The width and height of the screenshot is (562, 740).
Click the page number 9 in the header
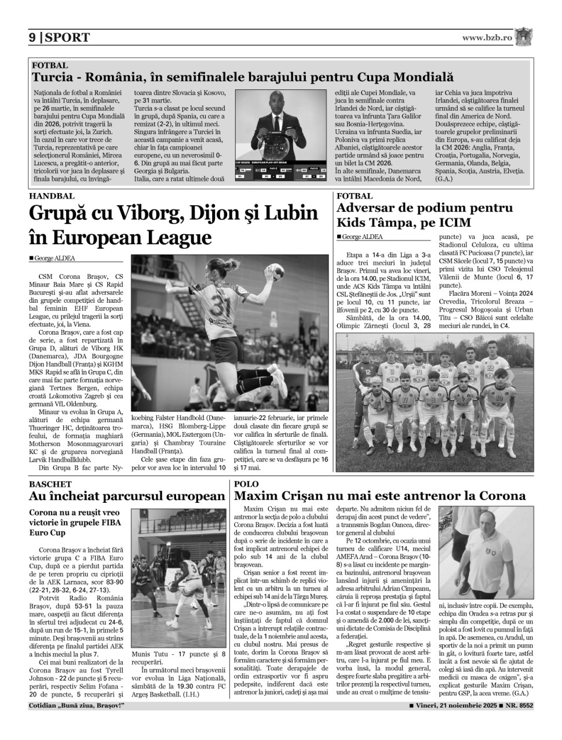tap(32, 38)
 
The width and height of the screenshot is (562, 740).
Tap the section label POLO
tap(246, 484)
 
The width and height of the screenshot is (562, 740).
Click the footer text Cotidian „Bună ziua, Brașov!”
tap(76, 706)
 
